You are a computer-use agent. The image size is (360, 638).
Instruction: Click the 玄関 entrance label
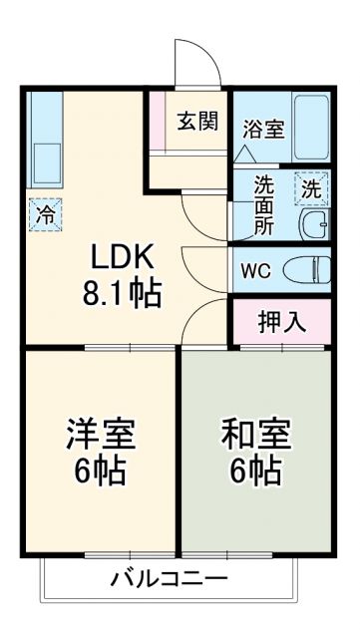click(x=197, y=122)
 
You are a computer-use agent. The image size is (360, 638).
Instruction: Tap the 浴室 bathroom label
click(x=263, y=129)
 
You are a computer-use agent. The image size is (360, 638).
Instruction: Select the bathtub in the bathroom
click(x=311, y=127)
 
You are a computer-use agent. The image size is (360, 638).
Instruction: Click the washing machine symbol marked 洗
click(x=311, y=186)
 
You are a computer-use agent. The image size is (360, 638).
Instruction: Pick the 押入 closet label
click(x=280, y=321)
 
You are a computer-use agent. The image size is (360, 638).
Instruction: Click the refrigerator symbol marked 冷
click(x=45, y=213)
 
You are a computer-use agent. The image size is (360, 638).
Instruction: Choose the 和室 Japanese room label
click(x=255, y=435)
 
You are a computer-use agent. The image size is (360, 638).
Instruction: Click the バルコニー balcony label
click(x=169, y=579)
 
